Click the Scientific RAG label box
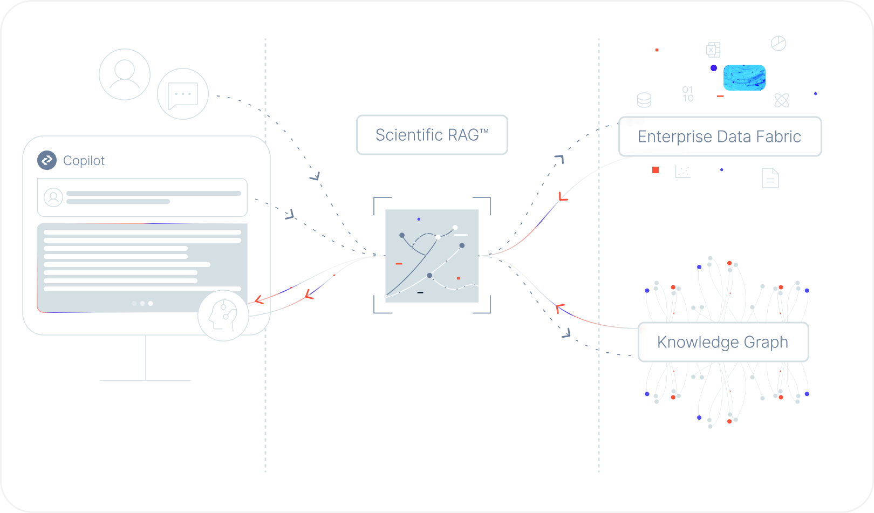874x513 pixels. click(x=432, y=135)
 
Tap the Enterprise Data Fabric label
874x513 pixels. click(x=719, y=136)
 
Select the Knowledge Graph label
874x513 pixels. click(x=722, y=342)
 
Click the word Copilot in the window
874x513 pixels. click(x=84, y=161)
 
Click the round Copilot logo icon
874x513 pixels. click(x=47, y=160)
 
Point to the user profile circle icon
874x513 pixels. click(x=125, y=74)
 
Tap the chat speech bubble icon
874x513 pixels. click(x=183, y=94)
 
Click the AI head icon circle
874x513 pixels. click(x=223, y=316)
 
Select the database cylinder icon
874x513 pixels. click(x=644, y=100)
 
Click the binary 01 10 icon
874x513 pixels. click(x=688, y=94)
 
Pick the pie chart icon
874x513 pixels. click(x=778, y=43)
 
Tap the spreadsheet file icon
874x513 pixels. click(x=713, y=50)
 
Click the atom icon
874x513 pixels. click(x=781, y=100)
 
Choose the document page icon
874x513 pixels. click(x=770, y=178)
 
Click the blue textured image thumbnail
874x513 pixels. click(x=744, y=78)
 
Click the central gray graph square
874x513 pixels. click(x=432, y=256)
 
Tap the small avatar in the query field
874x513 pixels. click(x=53, y=197)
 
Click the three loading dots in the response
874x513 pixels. click(x=142, y=303)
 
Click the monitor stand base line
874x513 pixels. click(x=146, y=380)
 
